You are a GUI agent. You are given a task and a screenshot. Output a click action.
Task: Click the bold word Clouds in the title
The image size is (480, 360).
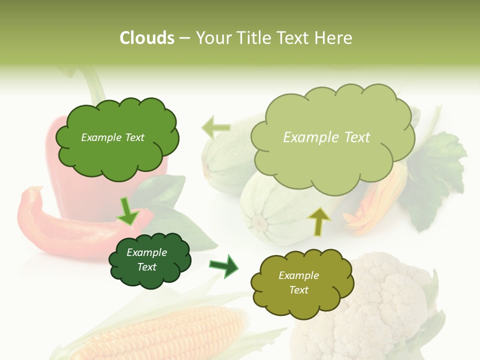(x=147, y=38)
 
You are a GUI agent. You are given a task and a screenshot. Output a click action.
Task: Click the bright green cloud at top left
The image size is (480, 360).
(x=116, y=138)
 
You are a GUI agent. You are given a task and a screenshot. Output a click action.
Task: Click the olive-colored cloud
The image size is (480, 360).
(x=301, y=283)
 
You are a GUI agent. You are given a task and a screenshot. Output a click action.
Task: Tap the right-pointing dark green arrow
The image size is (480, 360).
(x=224, y=266)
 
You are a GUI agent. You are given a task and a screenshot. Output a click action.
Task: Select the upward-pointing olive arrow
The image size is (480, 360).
(x=318, y=221)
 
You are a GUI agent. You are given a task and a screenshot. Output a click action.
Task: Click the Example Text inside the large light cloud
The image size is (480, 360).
(x=326, y=137)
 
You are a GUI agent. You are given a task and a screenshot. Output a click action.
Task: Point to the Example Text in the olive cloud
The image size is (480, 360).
(x=298, y=282)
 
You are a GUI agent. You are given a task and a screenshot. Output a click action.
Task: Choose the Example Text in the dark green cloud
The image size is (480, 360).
(x=147, y=260)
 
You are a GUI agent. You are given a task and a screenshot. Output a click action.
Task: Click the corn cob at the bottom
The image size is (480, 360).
(x=165, y=335)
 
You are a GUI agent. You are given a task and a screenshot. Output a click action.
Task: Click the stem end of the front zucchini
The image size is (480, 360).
(x=258, y=221)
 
